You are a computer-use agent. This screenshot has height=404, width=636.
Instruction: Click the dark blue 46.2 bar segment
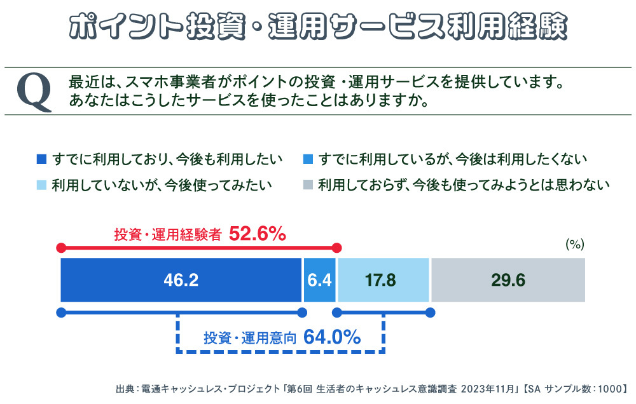(181, 280)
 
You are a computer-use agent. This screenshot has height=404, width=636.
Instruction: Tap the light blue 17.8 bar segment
(384, 280)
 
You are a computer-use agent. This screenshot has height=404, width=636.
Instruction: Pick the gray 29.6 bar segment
(508, 280)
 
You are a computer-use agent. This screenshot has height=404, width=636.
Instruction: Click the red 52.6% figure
(258, 234)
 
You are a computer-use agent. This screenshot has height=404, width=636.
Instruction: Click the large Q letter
(34, 91)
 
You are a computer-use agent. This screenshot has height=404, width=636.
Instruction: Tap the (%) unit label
(574, 244)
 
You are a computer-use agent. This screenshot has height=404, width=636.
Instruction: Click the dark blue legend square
(42, 158)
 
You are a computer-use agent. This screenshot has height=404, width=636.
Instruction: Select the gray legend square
(308, 185)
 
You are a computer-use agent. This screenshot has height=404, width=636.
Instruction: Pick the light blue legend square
(42, 185)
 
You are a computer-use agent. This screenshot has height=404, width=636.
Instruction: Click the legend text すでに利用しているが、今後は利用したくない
(453, 158)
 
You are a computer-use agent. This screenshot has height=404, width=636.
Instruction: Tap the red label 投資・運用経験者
(168, 234)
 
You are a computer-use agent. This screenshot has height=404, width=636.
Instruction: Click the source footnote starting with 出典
(373, 388)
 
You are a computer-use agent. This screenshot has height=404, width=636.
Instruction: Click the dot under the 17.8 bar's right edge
(430, 312)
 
